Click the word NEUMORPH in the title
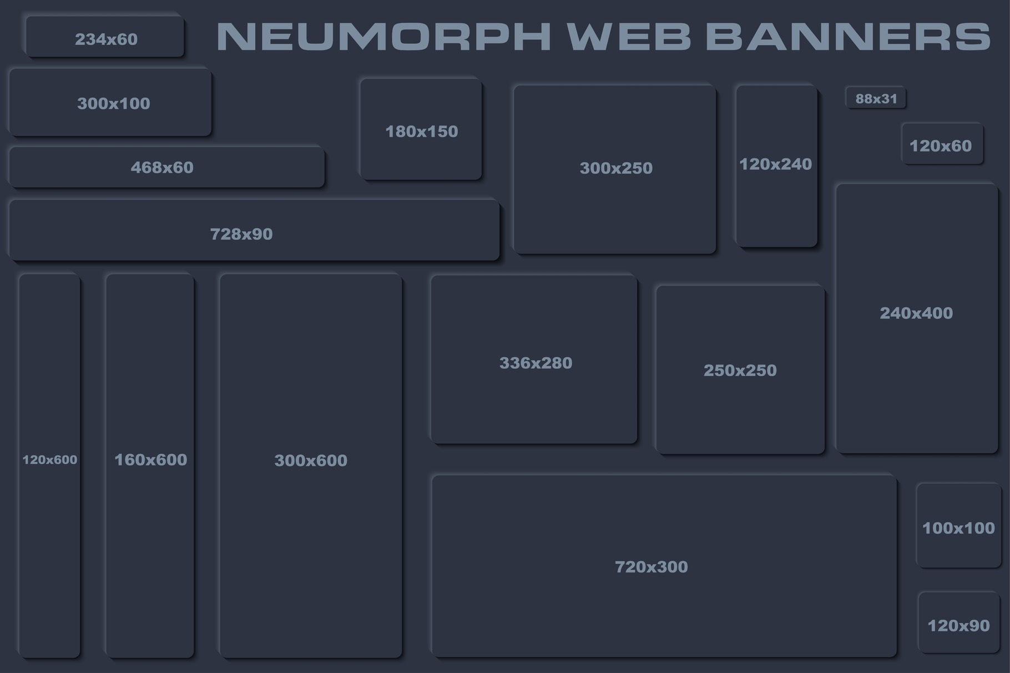click(383, 37)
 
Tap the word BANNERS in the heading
click(848, 37)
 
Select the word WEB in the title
click(629, 37)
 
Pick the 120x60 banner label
click(941, 146)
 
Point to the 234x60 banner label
click(106, 39)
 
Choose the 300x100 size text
click(114, 104)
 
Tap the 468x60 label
click(162, 168)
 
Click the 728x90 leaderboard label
click(241, 234)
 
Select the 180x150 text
click(422, 131)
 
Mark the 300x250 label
click(616, 168)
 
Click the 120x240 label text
click(775, 164)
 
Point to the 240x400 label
click(916, 313)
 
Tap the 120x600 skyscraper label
click(50, 459)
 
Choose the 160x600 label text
click(150, 460)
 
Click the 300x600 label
click(311, 461)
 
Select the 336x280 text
click(536, 363)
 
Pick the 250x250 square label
click(740, 371)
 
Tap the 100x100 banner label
click(958, 528)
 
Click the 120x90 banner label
click(958, 626)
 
